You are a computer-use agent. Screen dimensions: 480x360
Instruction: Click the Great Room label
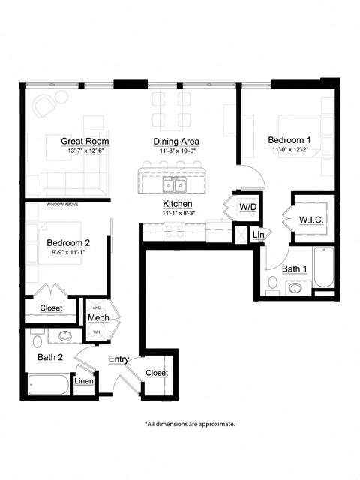tap(85, 141)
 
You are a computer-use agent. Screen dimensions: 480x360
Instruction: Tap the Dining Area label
tap(176, 141)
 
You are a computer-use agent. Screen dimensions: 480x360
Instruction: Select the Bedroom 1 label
tap(289, 140)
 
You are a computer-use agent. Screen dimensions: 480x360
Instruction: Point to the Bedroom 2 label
tap(68, 242)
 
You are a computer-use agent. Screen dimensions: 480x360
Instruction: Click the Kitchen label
tap(178, 204)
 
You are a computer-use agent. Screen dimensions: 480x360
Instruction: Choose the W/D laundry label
tap(248, 207)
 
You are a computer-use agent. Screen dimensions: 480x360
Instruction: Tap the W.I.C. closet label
tap(310, 219)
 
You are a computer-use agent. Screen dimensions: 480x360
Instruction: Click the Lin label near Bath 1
tap(257, 235)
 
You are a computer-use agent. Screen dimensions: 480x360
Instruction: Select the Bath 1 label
tap(295, 268)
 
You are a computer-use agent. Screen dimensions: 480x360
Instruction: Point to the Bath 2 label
tap(49, 357)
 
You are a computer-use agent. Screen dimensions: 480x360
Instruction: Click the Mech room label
tap(98, 318)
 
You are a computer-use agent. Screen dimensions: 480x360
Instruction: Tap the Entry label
tap(119, 359)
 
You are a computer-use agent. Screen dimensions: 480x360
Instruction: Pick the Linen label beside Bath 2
tap(84, 382)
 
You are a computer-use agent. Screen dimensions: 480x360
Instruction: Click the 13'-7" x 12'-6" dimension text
tap(85, 151)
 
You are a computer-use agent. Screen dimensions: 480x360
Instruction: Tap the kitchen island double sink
tap(175, 184)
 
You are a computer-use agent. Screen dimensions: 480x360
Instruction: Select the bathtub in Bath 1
tap(323, 268)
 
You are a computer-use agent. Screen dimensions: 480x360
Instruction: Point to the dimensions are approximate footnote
tap(190, 424)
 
